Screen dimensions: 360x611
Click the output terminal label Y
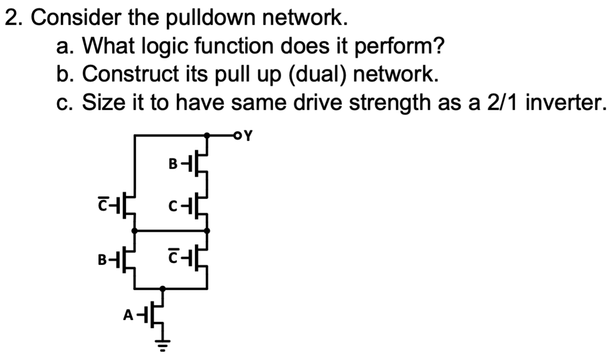click(248, 137)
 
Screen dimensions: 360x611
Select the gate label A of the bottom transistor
click(128, 315)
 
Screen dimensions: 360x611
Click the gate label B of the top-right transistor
click(173, 165)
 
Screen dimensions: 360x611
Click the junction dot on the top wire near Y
click(207, 136)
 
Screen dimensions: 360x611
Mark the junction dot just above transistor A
click(163, 288)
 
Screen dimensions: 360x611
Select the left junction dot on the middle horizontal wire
click(135, 231)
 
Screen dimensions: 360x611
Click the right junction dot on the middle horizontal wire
click(207, 231)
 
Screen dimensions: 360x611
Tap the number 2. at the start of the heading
click(16, 18)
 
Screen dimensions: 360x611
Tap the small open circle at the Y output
click(238, 136)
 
